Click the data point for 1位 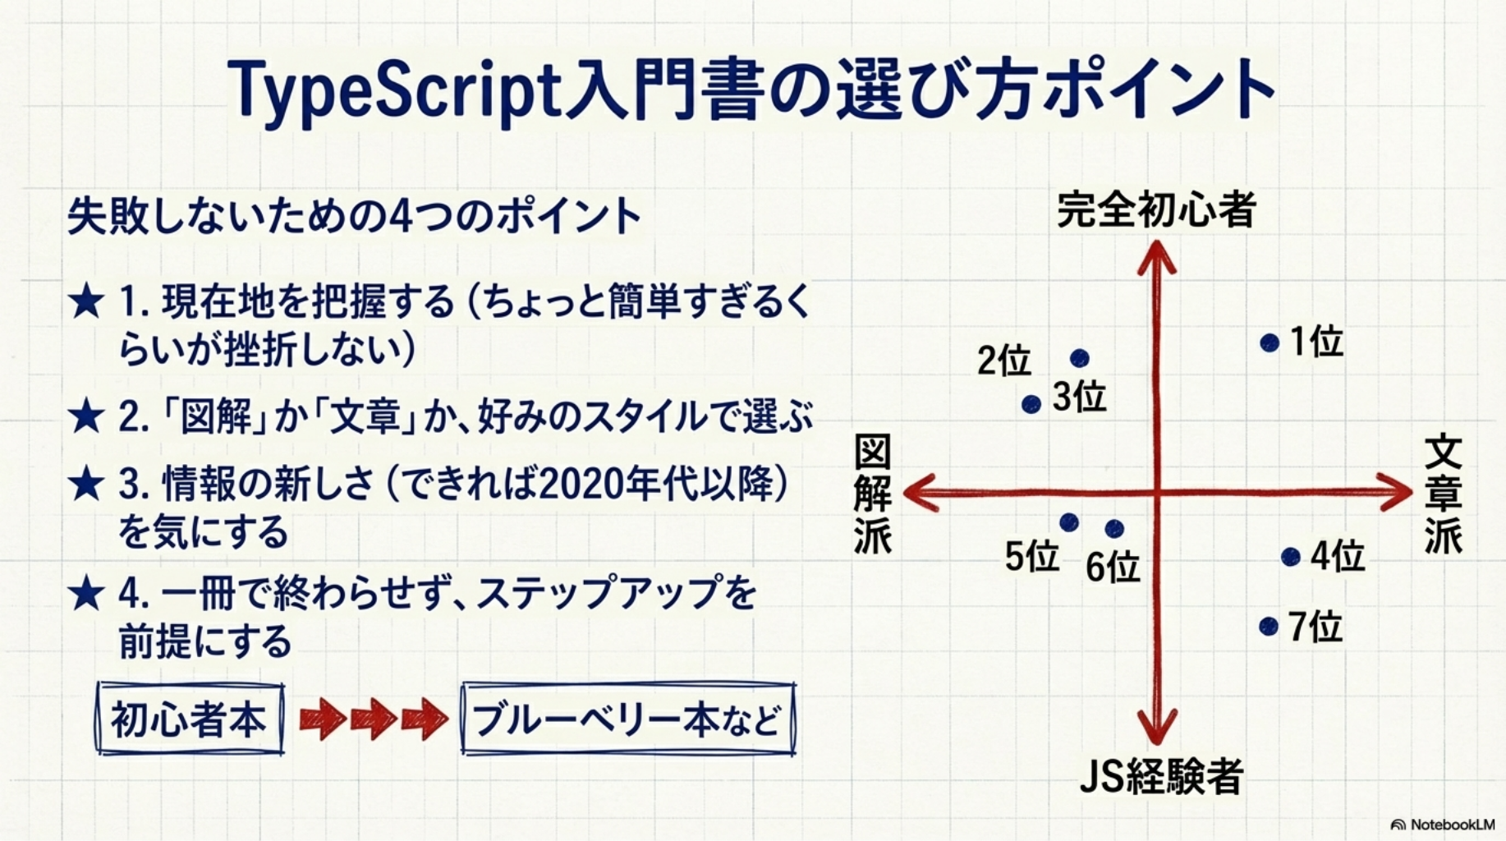point(1270,342)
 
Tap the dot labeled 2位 point(1080,358)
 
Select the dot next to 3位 point(1031,404)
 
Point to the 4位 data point point(1290,557)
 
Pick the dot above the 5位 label point(1068,522)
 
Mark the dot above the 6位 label point(1114,528)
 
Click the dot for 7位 point(1269,627)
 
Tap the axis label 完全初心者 point(1156,209)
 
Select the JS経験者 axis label point(1160,776)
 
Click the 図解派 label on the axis point(872,494)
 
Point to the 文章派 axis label point(1443,494)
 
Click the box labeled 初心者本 point(190,719)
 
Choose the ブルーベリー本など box point(628,719)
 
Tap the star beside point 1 point(86,302)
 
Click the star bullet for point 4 point(86,594)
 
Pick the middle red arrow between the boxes point(374,719)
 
